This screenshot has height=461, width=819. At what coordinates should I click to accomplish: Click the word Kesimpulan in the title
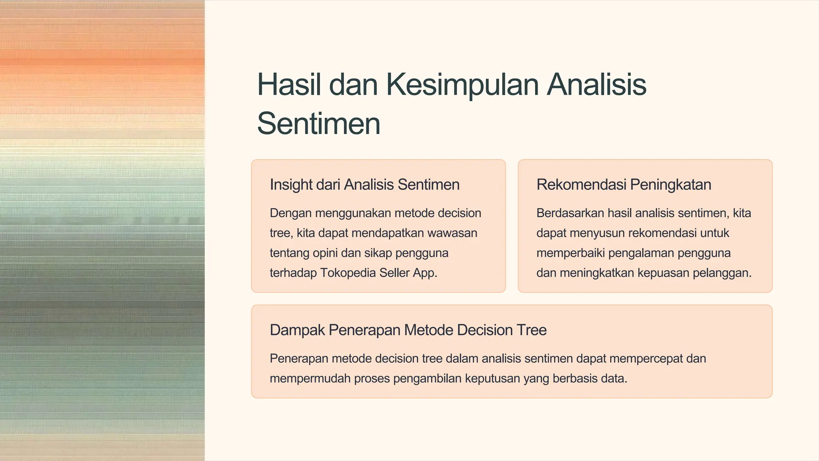point(462,85)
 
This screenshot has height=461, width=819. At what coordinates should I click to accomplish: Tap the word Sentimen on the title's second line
point(318,124)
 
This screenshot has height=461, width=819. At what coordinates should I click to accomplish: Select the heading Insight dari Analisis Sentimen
point(364,184)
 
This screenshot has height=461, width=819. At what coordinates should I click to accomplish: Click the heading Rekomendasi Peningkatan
point(623,184)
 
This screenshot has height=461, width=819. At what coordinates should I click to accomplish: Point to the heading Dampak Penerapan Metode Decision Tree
point(408,330)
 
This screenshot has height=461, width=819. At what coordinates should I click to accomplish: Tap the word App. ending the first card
point(425,273)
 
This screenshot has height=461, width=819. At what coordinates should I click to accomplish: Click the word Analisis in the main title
point(596,85)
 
